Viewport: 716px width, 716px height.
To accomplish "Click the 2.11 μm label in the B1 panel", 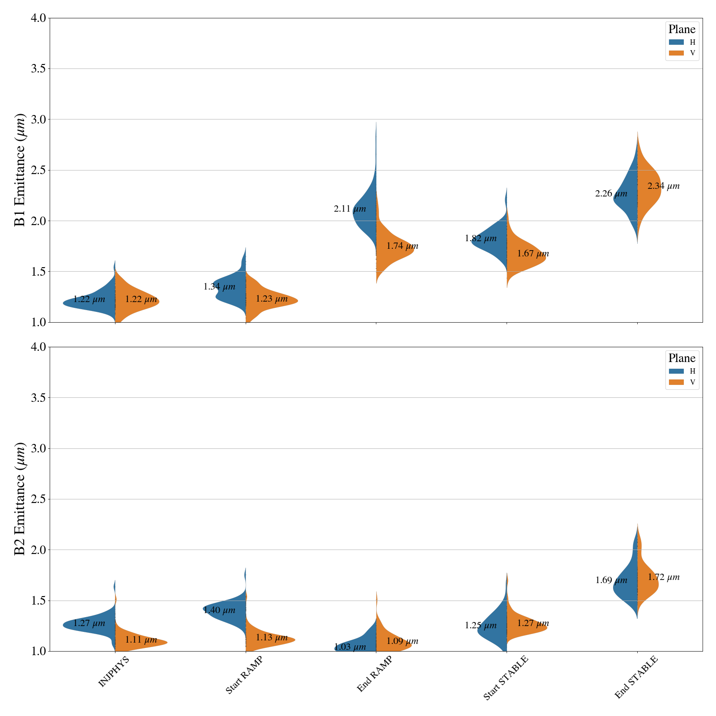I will [x=350, y=209].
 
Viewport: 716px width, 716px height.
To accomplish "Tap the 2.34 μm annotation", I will [x=663, y=186].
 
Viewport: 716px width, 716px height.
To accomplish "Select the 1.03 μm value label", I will [x=350, y=647].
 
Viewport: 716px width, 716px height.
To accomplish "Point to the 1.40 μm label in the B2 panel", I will [x=219, y=610].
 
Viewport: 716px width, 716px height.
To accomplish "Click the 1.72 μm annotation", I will [x=663, y=578].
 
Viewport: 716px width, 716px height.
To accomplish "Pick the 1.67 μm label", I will [x=533, y=254].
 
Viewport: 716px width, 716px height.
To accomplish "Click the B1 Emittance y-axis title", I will [x=20, y=170].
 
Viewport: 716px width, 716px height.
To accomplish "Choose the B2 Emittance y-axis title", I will [x=20, y=499].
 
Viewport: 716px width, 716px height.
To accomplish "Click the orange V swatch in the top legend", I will [x=676, y=53].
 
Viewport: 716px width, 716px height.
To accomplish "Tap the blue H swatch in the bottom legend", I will [x=676, y=371].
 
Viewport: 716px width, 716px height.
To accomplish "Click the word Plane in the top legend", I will [x=682, y=30].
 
